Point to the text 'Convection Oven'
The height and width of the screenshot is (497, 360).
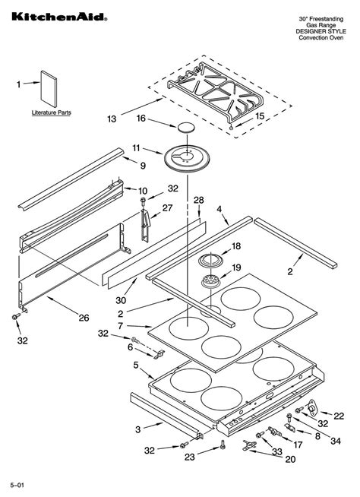[x=321, y=39]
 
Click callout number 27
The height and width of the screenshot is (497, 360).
[x=168, y=207]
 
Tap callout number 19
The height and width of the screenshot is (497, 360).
[x=236, y=267]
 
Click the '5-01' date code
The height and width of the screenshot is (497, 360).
[x=17, y=484]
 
